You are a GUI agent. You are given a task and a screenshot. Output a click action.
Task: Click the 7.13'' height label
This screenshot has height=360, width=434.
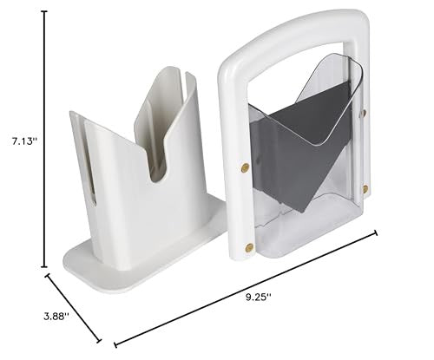(x=19, y=138)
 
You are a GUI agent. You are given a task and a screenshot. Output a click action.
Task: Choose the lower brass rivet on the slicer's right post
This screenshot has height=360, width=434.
(x=365, y=188)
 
